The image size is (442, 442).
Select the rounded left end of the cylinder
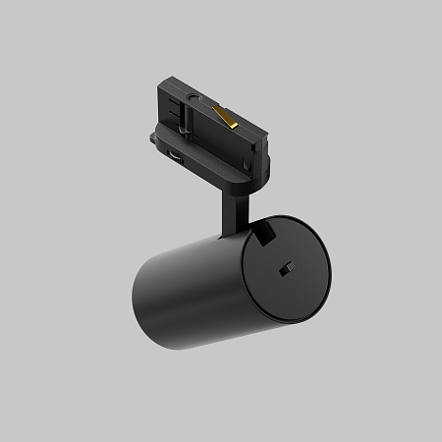tap(142, 304)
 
